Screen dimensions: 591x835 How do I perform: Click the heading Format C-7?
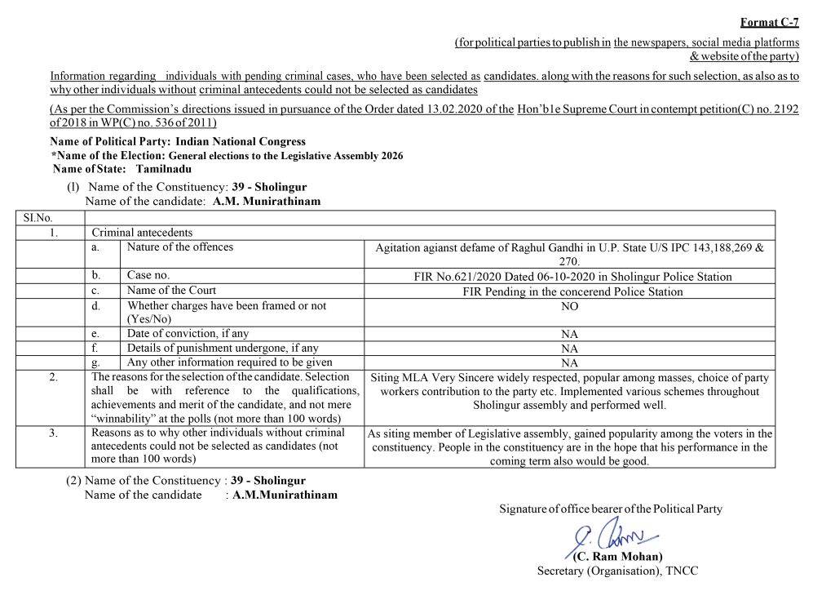point(769,23)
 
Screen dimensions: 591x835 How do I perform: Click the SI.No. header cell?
point(32,217)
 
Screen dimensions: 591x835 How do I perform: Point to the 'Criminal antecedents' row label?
point(142,233)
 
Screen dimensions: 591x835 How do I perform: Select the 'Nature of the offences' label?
point(179,247)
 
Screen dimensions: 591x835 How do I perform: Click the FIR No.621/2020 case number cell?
point(572,277)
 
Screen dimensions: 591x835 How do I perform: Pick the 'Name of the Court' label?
point(171,290)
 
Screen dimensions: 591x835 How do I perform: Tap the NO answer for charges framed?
point(570,305)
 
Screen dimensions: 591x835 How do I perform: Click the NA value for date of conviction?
point(570,334)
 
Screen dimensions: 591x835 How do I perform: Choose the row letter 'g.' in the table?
point(96,362)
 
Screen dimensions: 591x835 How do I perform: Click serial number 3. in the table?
point(51,433)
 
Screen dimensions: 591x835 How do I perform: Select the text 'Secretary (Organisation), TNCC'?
point(617,571)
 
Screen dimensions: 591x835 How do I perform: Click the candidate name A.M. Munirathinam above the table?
point(267,201)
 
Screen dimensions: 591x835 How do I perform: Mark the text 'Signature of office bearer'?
point(571,509)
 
